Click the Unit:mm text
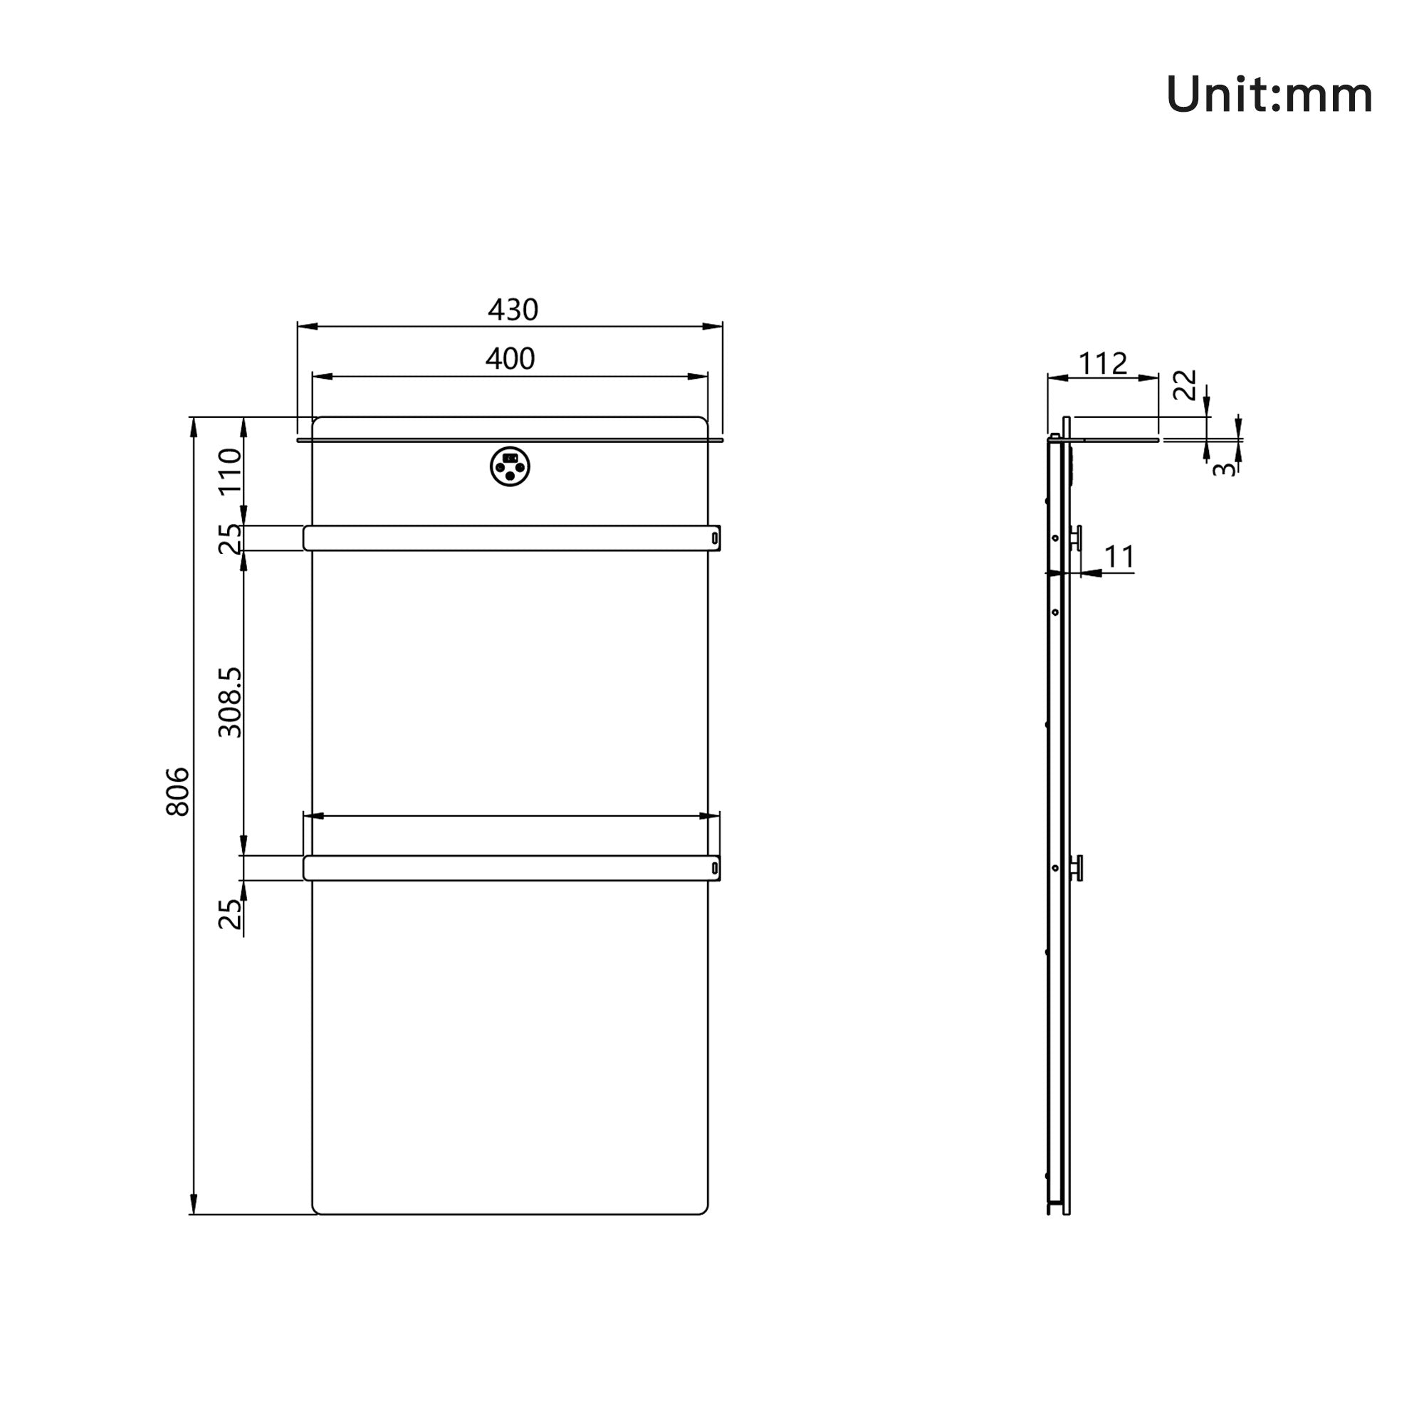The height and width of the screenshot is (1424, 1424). [x=1269, y=96]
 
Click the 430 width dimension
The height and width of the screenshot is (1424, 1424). [x=513, y=310]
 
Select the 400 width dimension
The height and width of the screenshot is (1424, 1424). [x=510, y=359]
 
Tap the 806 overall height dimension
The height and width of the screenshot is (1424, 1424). [x=177, y=792]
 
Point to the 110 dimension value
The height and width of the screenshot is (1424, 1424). [x=231, y=470]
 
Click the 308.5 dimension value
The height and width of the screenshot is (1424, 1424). [x=231, y=702]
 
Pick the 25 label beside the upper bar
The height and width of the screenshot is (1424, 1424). [x=231, y=538]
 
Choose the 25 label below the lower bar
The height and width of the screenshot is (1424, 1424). [x=231, y=914]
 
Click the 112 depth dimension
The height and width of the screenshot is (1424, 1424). [x=1103, y=363]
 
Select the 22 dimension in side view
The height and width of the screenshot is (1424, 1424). [x=1185, y=384]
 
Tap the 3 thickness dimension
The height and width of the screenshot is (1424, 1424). [x=1223, y=468]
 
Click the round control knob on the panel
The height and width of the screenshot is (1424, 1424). [x=510, y=466]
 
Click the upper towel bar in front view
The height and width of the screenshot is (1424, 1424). [x=510, y=538]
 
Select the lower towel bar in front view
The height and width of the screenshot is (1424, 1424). [x=510, y=867]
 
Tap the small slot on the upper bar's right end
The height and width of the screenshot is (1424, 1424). [x=714, y=539]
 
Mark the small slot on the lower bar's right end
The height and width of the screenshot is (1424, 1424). [x=714, y=868]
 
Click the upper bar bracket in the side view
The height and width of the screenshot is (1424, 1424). [x=1077, y=538]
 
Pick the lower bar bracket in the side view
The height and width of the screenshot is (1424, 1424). [x=1077, y=867]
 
